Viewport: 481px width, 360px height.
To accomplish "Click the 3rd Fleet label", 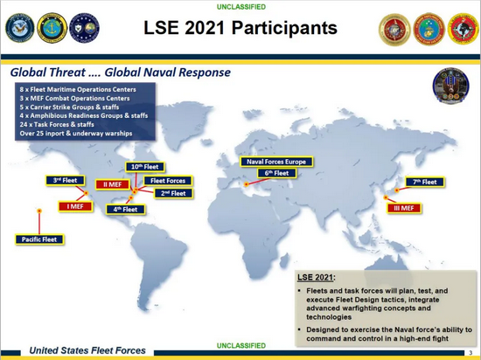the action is coord(65,180).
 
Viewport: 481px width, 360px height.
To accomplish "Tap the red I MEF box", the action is coord(75,206).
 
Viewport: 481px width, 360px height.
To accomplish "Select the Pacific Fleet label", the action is coord(39,239).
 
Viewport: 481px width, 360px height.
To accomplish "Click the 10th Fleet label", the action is coord(145,167).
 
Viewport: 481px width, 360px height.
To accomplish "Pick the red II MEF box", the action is coord(112,184).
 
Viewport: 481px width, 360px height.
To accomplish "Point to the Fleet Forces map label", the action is coord(168,181).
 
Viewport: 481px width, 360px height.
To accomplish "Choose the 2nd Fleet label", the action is coord(173,193).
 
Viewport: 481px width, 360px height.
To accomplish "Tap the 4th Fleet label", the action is coord(125,209).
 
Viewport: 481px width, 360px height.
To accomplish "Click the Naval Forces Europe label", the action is coord(276,162).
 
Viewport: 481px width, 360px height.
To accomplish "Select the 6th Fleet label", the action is coord(276,173).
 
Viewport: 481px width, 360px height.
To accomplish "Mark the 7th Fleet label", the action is coord(424,182).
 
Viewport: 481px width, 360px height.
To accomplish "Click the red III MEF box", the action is coord(404,208).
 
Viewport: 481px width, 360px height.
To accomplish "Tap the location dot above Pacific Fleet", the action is coord(39,211).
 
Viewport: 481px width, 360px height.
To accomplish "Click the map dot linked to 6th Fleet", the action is coord(246,184).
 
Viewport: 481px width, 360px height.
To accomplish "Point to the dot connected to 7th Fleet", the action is coord(397,190).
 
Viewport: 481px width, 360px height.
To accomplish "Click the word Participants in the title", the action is coord(284,28).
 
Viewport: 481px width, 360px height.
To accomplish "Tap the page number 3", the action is coord(471,353).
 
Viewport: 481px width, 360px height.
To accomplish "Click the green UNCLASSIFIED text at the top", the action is coord(241,7).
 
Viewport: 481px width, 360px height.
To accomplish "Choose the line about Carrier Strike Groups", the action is coord(69,107).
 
